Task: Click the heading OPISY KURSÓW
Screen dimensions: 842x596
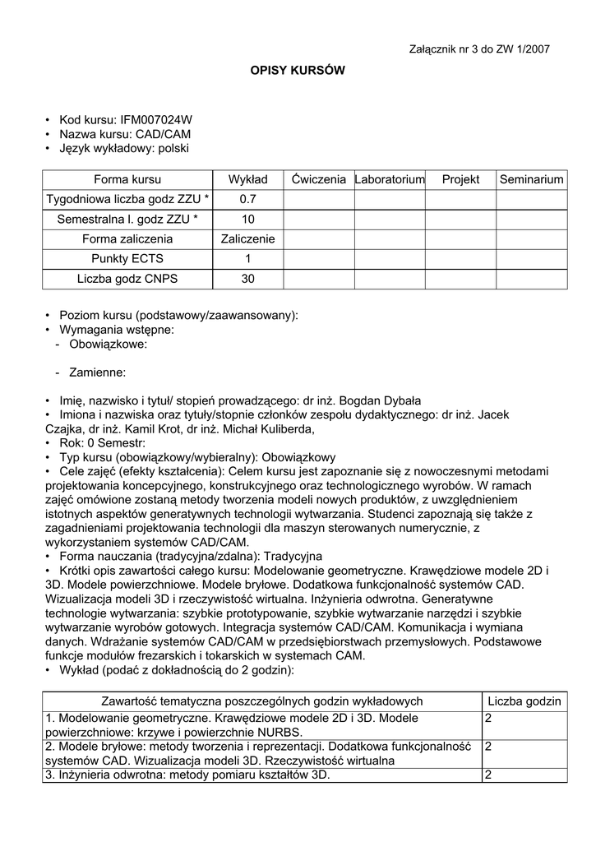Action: pos(298,71)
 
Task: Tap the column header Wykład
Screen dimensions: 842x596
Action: pos(248,179)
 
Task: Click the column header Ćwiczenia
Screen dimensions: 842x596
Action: pos(318,179)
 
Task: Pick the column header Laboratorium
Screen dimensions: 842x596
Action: pos(390,179)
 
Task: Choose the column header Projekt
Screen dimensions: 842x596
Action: pos(460,179)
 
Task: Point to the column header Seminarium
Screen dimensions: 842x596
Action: pos(532,179)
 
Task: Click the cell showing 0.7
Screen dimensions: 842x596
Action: pos(248,200)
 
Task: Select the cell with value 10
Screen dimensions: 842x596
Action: pos(248,220)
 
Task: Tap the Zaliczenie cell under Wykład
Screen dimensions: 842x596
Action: pos(248,239)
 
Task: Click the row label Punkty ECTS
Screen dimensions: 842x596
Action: pos(127,259)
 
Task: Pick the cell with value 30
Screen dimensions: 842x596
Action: pos(248,280)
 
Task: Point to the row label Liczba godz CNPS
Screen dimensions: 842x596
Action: pos(127,280)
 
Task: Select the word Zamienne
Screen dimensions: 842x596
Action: pos(97,372)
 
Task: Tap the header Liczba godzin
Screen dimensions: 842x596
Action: pos(524,701)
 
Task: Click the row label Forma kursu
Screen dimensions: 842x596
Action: pos(127,179)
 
